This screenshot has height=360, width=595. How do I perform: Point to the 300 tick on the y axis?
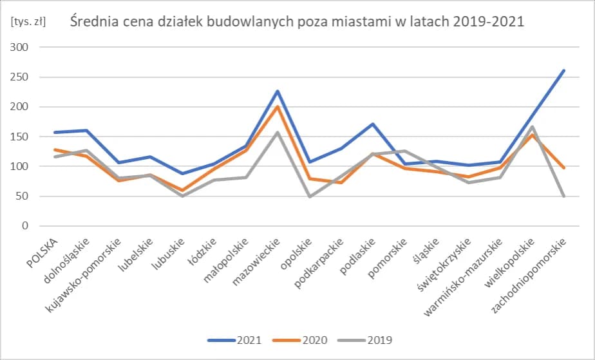[21, 48]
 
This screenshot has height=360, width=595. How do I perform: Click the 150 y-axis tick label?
[21, 137]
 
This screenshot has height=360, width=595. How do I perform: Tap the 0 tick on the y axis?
[26, 226]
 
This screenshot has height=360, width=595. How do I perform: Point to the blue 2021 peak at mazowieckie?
[278, 91]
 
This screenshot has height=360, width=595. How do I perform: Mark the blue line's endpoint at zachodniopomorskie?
[564, 70]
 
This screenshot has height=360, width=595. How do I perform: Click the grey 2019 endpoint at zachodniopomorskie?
[564, 196]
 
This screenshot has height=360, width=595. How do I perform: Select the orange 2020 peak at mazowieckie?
[278, 107]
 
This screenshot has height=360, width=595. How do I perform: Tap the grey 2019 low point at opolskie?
[309, 196]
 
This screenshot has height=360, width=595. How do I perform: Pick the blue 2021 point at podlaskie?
[373, 124]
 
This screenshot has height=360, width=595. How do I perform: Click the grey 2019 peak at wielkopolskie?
[533, 126]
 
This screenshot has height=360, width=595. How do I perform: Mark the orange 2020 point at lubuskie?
[182, 191]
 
